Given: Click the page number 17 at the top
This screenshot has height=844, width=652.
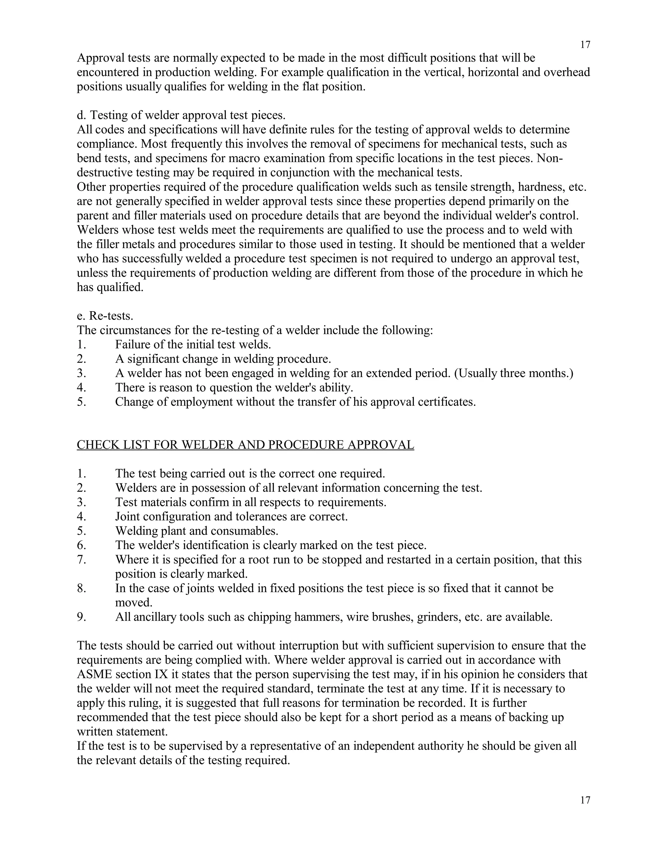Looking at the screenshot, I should click(x=585, y=45).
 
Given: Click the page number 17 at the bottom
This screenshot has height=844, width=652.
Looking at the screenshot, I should click(x=585, y=800).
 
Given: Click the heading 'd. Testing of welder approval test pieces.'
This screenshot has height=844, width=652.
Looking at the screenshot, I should click(x=181, y=115).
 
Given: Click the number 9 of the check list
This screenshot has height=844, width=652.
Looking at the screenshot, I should click(x=81, y=617).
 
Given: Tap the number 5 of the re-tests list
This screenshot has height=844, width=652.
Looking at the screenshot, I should click(x=81, y=402).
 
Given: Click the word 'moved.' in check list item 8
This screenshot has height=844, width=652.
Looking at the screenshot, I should click(x=134, y=603).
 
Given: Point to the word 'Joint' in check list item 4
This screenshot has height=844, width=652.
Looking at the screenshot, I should click(x=127, y=517).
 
